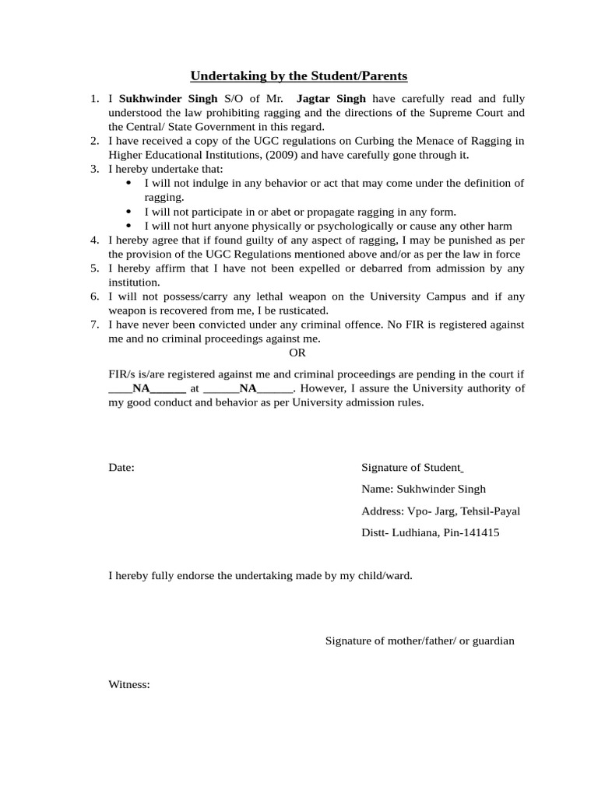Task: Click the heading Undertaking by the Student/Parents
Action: click(x=299, y=76)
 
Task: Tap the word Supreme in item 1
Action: click(x=453, y=113)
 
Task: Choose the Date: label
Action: click(x=121, y=468)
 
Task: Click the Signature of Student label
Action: click(x=411, y=468)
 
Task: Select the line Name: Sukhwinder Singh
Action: click(x=423, y=490)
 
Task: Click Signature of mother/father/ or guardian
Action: click(x=419, y=641)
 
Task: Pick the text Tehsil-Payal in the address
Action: click(x=490, y=511)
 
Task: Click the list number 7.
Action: click(x=93, y=324)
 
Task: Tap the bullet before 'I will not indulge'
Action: click(x=128, y=183)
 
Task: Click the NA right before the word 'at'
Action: click(x=141, y=388)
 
